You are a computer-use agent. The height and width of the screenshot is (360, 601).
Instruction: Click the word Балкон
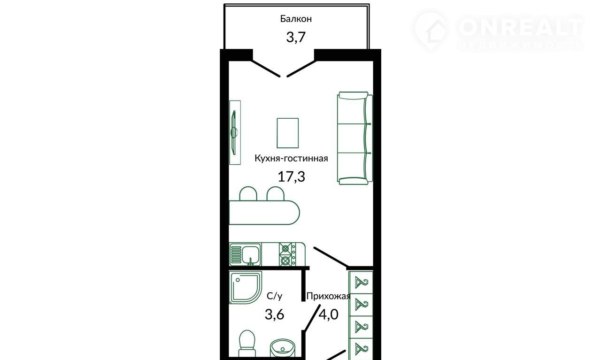pyautogui.click(x=296, y=19)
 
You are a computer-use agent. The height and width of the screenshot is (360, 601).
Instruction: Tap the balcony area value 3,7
pyautogui.click(x=296, y=37)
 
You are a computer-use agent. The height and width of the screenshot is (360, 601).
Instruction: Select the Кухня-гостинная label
pyautogui.click(x=292, y=158)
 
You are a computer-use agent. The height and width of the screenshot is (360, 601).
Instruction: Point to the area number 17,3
pyautogui.click(x=292, y=177)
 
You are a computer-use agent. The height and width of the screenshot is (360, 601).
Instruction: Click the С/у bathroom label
pyautogui.click(x=275, y=296)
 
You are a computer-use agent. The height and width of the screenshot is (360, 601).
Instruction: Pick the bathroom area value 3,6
pyautogui.click(x=275, y=314)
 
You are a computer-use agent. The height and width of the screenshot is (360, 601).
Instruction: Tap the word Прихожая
pyautogui.click(x=328, y=296)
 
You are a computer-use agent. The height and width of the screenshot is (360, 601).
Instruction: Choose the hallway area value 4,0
pyautogui.click(x=328, y=314)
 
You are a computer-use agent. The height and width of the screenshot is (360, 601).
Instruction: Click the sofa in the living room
pyautogui.click(x=355, y=138)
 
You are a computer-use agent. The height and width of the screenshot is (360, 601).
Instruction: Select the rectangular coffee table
pyautogui.click(x=288, y=133)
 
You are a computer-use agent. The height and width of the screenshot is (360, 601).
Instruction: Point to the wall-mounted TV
pyautogui.click(x=234, y=132)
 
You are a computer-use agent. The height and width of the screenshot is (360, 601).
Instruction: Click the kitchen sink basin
pyautogui.click(x=251, y=254)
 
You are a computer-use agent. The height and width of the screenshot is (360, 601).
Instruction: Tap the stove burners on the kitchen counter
pyautogui.click(x=285, y=254)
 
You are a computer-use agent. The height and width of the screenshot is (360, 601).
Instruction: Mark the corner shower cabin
pyautogui.click(x=246, y=287)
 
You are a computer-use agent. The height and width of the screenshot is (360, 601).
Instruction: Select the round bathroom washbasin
pyautogui.click(x=283, y=349)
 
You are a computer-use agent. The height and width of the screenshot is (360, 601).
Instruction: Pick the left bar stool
pyautogui.click(x=248, y=194)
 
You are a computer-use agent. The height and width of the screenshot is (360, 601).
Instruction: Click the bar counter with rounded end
pyautogui.click(x=264, y=213)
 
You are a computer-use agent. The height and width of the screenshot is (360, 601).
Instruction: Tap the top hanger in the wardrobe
pyautogui.click(x=361, y=283)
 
